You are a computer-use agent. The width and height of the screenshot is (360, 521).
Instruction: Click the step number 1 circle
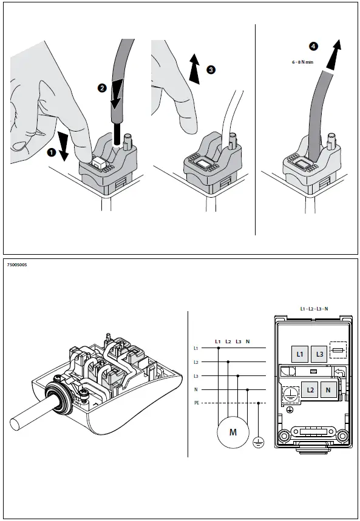pyautogui.click(x=51, y=154)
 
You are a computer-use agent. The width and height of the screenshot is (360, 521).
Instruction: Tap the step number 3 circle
pyautogui.click(x=211, y=70)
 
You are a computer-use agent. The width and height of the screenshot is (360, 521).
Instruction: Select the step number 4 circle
pyautogui.click(x=313, y=46)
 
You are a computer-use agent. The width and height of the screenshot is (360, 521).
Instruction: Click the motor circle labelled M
pyautogui.click(x=233, y=432)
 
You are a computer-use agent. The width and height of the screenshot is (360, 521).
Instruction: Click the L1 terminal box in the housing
pyautogui.click(x=298, y=354)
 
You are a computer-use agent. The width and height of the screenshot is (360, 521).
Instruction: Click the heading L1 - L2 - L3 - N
pyautogui.click(x=314, y=309)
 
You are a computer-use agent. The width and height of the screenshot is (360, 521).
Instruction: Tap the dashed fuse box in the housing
pyautogui.click(x=338, y=351)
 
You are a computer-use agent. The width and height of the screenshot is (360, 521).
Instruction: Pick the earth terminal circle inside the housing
pyautogui.click(x=290, y=394)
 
